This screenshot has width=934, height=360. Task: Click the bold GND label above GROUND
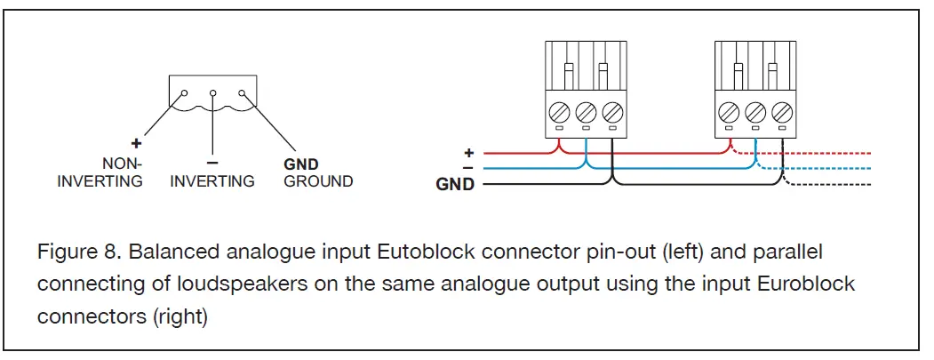coord(300,164)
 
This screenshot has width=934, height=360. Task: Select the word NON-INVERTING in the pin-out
coord(100,172)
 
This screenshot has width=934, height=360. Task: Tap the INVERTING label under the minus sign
coord(212,181)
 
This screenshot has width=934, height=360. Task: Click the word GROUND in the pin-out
coord(318,181)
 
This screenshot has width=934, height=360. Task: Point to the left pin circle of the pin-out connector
coord(185,93)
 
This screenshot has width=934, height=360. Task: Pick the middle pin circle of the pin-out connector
coord(212,93)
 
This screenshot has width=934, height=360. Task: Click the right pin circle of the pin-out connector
coord(242,93)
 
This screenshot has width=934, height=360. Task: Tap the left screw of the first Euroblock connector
coord(559,111)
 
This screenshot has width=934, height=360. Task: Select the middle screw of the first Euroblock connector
coord(587,111)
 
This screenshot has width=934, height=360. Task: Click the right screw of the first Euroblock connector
coord(613,111)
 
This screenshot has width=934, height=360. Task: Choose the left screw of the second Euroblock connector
coord(729,111)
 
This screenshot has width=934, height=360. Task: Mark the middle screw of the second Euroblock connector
coord(755,111)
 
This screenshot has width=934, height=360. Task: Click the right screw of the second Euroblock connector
coord(782,111)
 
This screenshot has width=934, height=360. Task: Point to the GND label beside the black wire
coord(455,185)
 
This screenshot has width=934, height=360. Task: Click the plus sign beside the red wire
coord(468,153)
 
